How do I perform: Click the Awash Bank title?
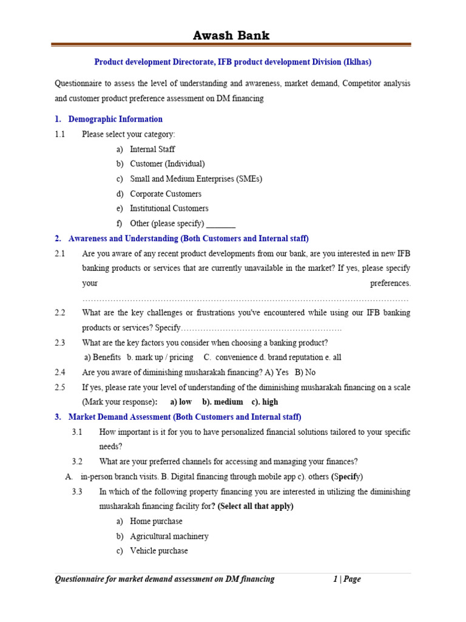pyautogui.click(x=231, y=35)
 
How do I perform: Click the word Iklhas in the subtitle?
pyautogui.click(x=357, y=62)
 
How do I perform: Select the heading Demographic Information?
pyautogui.click(x=115, y=119)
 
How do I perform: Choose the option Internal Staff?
pyautogui.click(x=152, y=149)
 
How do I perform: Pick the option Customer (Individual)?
pyautogui.click(x=167, y=164)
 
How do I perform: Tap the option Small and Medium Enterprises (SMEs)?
pyautogui.click(x=196, y=179)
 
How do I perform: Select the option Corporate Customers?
pyautogui.click(x=166, y=194)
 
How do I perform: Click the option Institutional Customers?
pyautogui.click(x=169, y=208)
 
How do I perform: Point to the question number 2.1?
pyautogui.click(x=59, y=253)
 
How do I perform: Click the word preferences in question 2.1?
pyautogui.click(x=390, y=283)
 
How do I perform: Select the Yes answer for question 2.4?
pyautogui.click(x=282, y=372)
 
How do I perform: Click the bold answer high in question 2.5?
pyautogui.click(x=270, y=402)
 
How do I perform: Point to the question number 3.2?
pyautogui.click(x=76, y=461)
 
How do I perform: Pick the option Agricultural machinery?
pyautogui.click(x=169, y=536)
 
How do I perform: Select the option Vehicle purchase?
pyautogui.click(x=159, y=551)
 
